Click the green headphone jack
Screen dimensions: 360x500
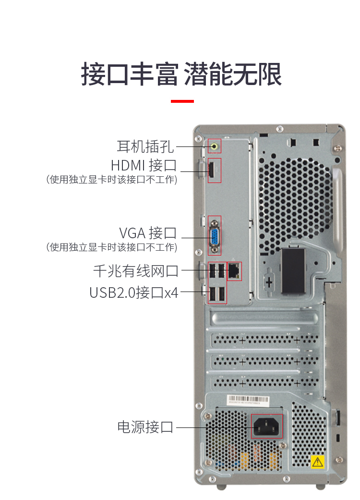[215, 146]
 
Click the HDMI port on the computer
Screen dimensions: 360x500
[211, 171]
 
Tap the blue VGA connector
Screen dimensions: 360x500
[215, 236]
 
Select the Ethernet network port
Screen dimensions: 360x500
[234, 271]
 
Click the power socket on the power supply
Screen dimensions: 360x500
[266, 427]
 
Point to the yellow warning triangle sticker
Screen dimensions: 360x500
[317, 462]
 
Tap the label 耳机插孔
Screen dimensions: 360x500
[145, 146]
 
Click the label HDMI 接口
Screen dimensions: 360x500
[144, 165]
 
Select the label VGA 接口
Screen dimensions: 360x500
[148, 233]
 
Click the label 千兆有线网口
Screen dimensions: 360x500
[136, 271]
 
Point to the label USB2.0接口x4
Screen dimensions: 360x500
[134, 292]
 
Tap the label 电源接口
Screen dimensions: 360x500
[145, 427]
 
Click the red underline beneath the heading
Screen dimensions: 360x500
[182, 101]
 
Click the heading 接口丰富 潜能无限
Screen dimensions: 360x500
[181, 74]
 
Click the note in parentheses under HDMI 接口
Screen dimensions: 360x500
[112, 180]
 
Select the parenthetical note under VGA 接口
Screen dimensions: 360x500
[112, 247]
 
